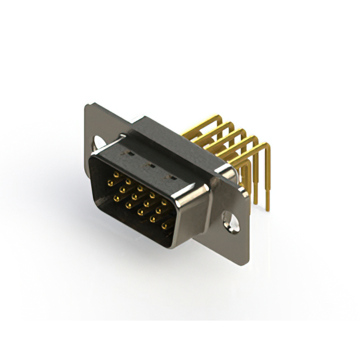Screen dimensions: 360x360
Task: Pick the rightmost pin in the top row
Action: pyautogui.click(x=164, y=201)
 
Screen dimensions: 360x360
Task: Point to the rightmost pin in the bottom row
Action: pyautogui.click(x=164, y=227)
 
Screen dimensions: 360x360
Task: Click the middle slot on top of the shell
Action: pyautogui.click(x=150, y=165)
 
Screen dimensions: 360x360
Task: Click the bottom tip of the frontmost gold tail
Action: pyautogui.click(x=268, y=209)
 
